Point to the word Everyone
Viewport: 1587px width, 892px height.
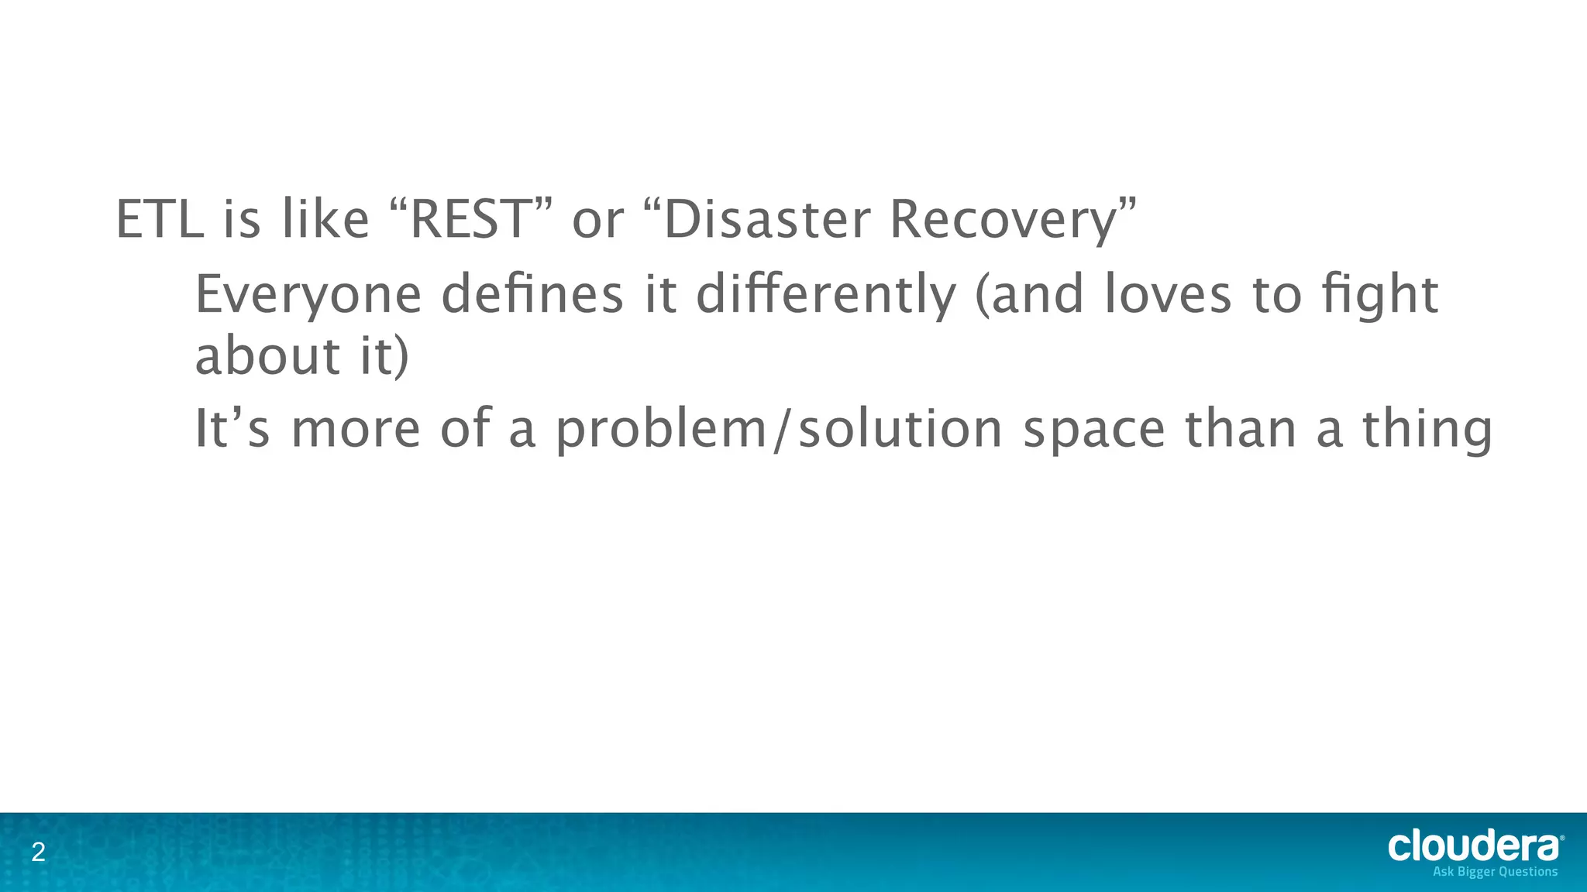[308, 296]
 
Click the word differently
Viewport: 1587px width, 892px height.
[825, 296]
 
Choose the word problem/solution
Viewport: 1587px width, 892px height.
[779, 430]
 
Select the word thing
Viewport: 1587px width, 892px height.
[1427, 430]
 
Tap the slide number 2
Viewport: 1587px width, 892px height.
[38, 853]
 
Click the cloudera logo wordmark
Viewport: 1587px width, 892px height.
[1474, 846]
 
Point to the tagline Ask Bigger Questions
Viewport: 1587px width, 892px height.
[1495, 872]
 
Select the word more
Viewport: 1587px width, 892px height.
[355, 430]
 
